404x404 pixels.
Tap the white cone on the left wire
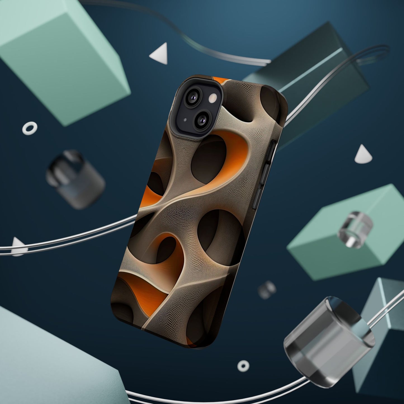[x=17, y=247]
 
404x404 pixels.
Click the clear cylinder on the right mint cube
[x=355, y=229]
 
